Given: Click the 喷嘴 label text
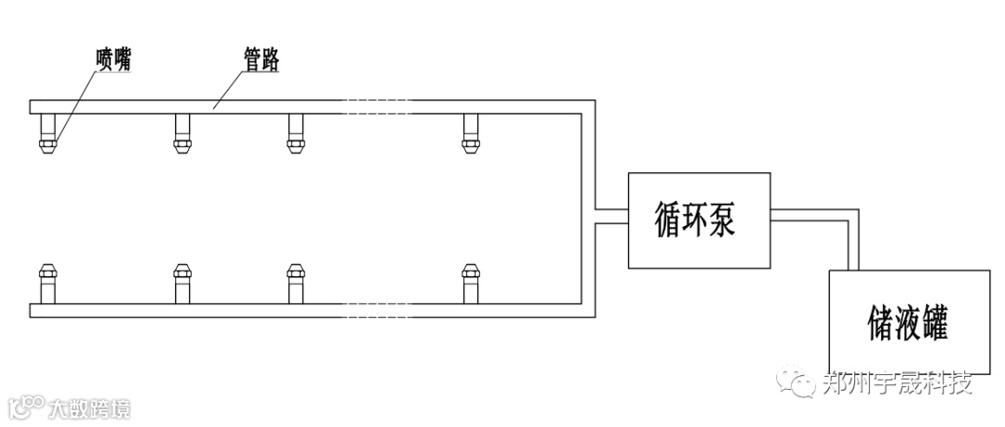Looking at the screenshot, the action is (x=114, y=59).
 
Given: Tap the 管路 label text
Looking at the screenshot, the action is (x=254, y=60).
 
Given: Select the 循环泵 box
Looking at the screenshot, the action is (x=699, y=220).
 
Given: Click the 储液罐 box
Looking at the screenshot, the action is (x=909, y=322).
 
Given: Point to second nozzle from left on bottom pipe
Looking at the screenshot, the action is (x=183, y=282).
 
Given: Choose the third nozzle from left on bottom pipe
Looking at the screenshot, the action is (x=296, y=282).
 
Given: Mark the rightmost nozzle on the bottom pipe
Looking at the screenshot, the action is (x=471, y=282).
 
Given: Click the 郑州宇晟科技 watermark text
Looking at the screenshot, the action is (x=898, y=383).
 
